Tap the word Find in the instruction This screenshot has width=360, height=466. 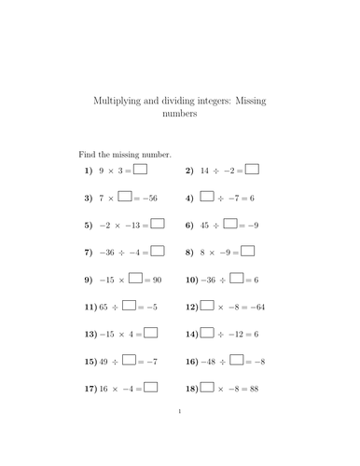point(87,154)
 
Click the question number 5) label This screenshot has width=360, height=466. point(89,225)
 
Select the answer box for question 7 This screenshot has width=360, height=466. point(157,251)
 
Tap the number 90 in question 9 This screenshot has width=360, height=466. point(156,279)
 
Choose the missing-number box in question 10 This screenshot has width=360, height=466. point(236,278)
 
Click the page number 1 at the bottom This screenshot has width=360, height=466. point(180,434)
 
